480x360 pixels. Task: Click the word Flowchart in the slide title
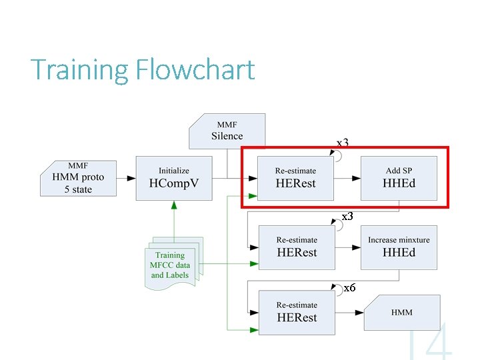pos(195,69)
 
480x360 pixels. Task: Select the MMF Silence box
pos(227,131)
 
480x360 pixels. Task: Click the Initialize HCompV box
pos(173,178)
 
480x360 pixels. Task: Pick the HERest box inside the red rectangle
pos(295,178)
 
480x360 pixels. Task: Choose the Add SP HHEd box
pos(399,178)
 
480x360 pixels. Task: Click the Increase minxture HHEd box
pos(399,247)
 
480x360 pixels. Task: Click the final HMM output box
pos(402,312)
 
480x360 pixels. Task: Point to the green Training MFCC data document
pos(171,265)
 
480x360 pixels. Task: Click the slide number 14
pos(430,341)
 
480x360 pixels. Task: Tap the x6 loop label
pos(349,288)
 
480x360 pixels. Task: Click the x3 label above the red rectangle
pos(342,143)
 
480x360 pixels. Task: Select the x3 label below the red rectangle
pos(347,217)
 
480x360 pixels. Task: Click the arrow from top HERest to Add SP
pos(347,178)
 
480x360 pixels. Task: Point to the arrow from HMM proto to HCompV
pos(129,178)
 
